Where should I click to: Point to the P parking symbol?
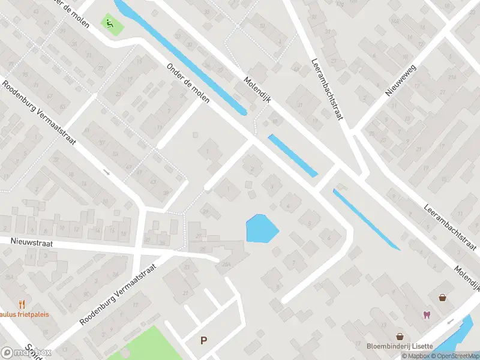coord(203,340)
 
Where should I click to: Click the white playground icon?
coord(109,23)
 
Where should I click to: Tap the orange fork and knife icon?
coord(22,304)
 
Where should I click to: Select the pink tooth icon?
coord(427,315)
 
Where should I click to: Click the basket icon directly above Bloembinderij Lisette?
coord(399,336)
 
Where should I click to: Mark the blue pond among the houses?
coord(262,229)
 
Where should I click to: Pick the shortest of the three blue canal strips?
coord(292,155)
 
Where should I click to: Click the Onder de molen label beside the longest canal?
coord(188,83)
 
